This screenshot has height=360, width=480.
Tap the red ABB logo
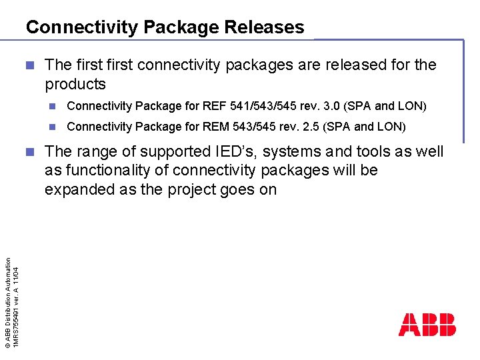pos(427,325)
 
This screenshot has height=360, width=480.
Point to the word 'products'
pos(75,85)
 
